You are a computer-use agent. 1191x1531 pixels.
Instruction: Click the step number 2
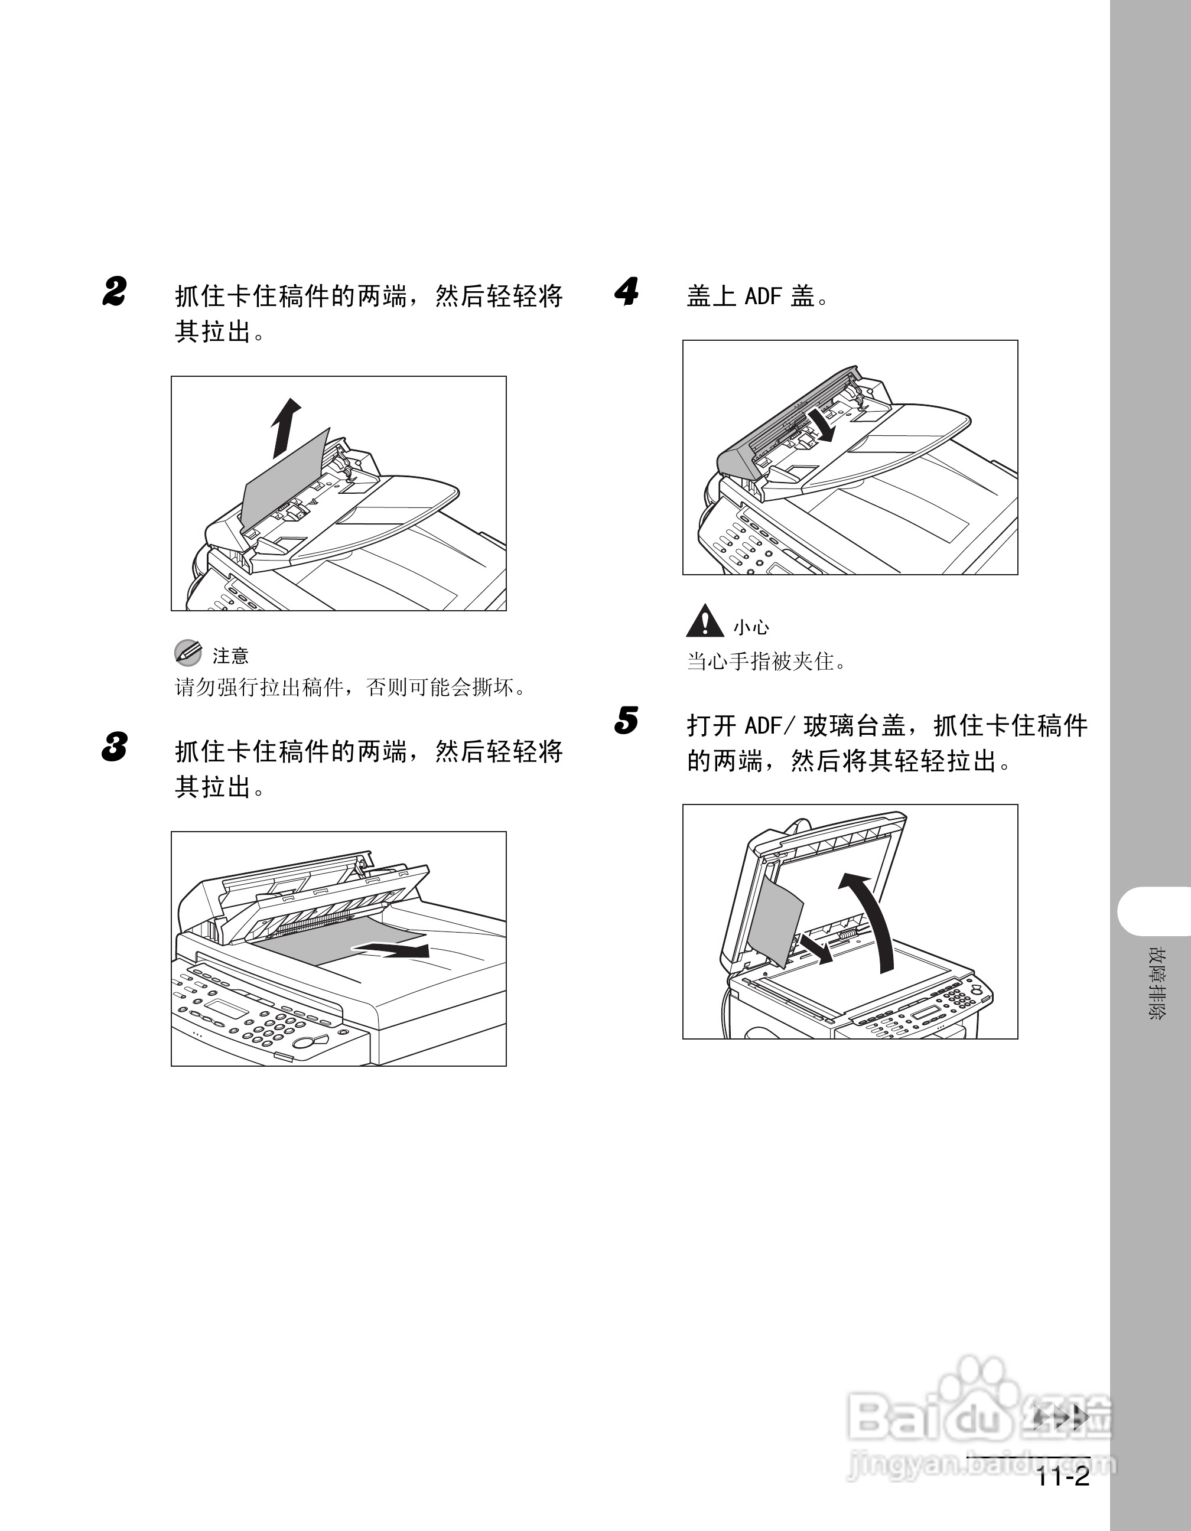tap(114, 292)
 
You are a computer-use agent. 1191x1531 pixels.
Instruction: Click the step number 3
tap(114, 747)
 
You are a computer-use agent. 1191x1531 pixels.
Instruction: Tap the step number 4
tap(627, 292)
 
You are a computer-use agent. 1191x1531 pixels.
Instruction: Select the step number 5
tap(627, 721)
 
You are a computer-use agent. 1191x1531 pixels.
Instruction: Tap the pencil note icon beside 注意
tap(187, 653)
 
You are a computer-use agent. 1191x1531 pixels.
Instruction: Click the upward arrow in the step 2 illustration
tap(285, 428)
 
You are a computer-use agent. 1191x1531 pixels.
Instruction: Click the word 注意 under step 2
tap(230, 656)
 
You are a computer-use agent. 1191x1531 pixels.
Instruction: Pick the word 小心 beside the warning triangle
tap(751, 627)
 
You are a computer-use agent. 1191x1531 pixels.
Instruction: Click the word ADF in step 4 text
tap(763, 296)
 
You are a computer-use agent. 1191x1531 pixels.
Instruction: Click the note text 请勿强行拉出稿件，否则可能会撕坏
tap(350, 687)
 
